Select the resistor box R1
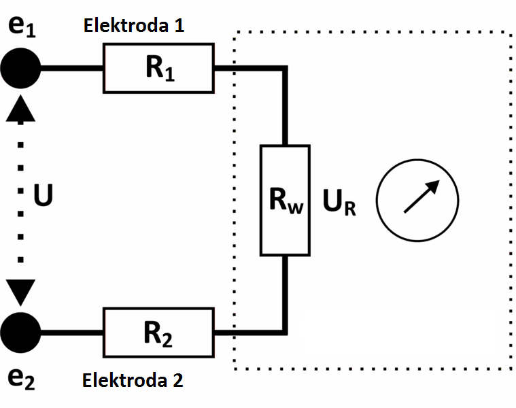tap(158, 68)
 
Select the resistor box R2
tap(158, 333)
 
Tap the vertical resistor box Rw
tap(286, 200)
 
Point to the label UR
tap(340, 203)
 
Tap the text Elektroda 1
tap(133, 27)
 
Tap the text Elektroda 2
tap(133, 380)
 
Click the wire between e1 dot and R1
tap(72, 68)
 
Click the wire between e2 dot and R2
tap(72, 333)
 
